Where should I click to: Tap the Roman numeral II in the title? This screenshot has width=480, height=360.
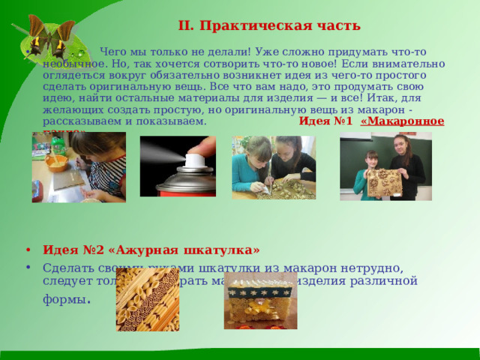[186, 25]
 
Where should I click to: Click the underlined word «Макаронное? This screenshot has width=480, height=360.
[402, 120]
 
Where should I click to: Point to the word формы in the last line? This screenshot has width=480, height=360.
[67, 298]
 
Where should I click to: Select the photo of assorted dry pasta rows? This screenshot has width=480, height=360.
[147, 301]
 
